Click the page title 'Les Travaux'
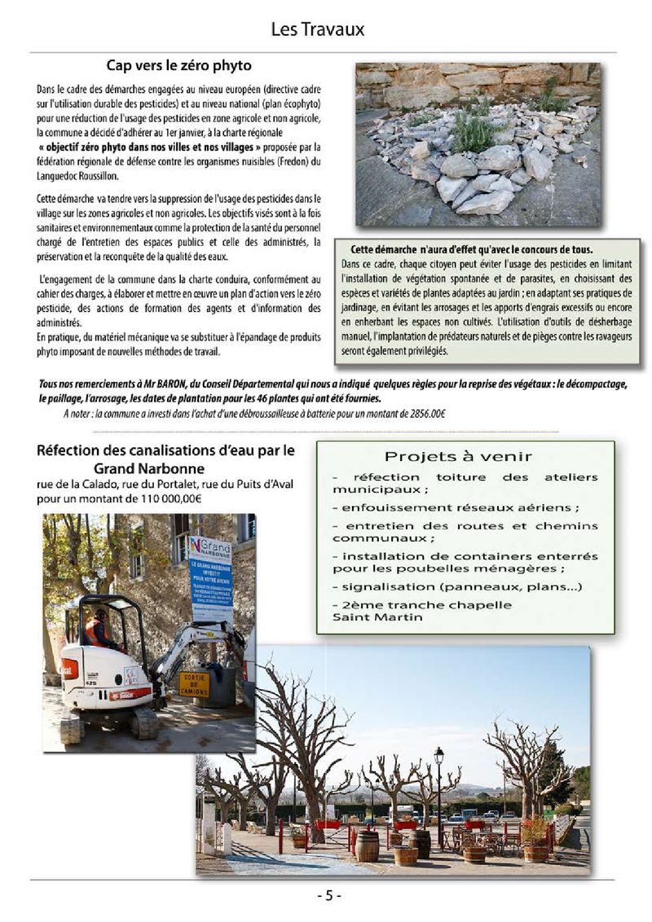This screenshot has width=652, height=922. (x=317, y=30)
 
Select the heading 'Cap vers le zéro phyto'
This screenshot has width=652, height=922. (x=179, y=65)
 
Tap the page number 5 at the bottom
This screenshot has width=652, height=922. (x=328, y=896)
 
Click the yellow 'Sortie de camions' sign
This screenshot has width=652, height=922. (x=194, y=683)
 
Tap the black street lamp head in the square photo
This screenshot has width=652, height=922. (x=438, y=756)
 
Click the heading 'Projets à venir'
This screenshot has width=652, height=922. (x=458, y=457)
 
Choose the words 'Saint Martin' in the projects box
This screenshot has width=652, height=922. (x=368, y=617)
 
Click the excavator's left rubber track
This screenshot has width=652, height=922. (x=72, y=724)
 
